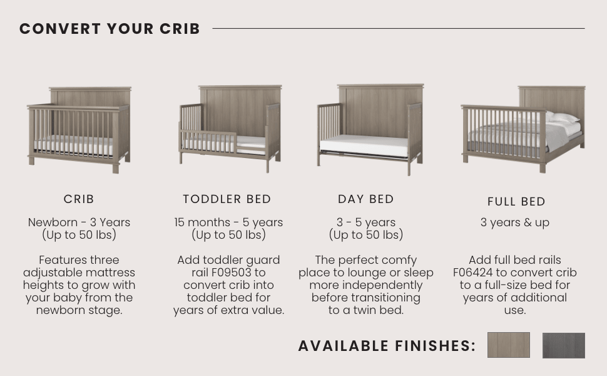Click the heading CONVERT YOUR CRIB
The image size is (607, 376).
(110, 29)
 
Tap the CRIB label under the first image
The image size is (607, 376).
(79, 199)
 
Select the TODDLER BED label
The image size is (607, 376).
(227, 199)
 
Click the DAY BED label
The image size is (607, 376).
(366, 199)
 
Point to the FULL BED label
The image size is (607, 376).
(516, 202)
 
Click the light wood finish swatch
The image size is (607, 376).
(508, 345)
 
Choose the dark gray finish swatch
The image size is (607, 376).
(563, 345)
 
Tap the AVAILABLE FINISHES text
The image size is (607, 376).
(387, 346)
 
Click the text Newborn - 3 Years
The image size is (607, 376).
(79, 222)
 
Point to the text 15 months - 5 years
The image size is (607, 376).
(228, 222)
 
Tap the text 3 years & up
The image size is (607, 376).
(515, 222)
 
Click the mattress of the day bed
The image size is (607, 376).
(363, 146)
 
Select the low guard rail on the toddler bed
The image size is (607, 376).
(209, 141)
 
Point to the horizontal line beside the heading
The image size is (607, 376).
(398, 28)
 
